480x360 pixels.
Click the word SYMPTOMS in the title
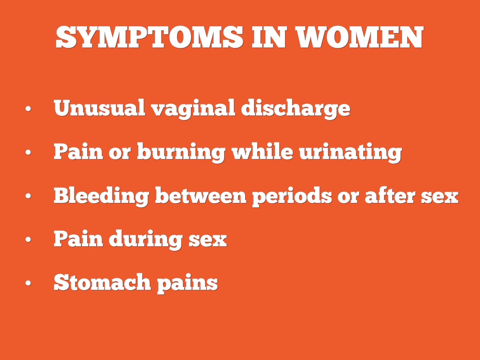[x=150, y=37]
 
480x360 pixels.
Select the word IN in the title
[x=270, y=37]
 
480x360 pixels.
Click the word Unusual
[x=99, y=108]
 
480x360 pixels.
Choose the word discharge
[x=296, y=109]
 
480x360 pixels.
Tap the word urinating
[x=350, y=152]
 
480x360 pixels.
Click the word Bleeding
[x=101, y=196]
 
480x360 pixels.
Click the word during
[x=146, y=240]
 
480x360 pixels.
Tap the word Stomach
[x=102, y=282]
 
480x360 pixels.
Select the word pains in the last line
[x=187, y=283]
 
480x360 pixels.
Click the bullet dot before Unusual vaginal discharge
[x=29, y=109]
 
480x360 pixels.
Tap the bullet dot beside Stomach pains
[x=29, y=283]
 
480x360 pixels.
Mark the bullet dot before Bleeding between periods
[x=29, y=195]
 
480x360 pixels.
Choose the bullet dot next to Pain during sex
[x=29, y=240]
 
